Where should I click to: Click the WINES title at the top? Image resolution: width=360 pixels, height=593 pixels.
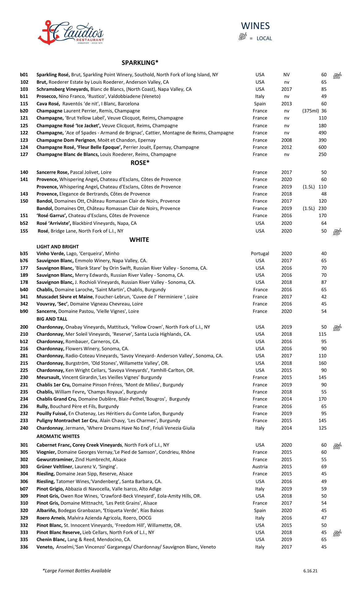point(255,26)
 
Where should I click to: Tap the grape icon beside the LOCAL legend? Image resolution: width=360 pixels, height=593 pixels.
point(243,37)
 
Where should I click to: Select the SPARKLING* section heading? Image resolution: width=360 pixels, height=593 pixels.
point(140,63)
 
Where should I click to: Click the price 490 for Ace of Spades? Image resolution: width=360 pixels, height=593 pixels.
point(322,133)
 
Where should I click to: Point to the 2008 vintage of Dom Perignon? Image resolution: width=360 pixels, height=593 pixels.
point(287,140)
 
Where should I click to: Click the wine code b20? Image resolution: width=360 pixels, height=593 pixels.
point(24,111)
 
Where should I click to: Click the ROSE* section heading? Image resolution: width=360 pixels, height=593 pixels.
point(140,163)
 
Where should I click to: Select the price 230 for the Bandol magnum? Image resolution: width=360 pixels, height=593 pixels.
point(322,208)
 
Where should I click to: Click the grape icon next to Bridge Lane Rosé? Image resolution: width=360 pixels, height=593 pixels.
point(337,232)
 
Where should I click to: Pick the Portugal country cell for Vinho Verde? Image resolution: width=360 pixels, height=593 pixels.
point(260,254)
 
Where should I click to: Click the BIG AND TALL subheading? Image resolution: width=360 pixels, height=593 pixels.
point(52,319)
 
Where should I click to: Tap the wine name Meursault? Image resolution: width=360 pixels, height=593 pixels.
point(48,377)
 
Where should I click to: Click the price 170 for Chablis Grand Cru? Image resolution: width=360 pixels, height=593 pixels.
point(322,399)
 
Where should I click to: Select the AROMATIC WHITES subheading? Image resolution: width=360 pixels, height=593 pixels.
point(58,436)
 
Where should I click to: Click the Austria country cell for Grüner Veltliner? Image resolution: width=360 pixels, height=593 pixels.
point(260,467)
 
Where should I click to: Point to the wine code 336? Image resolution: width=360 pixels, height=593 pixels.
point(24,547)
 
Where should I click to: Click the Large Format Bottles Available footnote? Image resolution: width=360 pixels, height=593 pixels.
point(77,571)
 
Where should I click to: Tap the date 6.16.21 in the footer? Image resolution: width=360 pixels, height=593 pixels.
point(310,571)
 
